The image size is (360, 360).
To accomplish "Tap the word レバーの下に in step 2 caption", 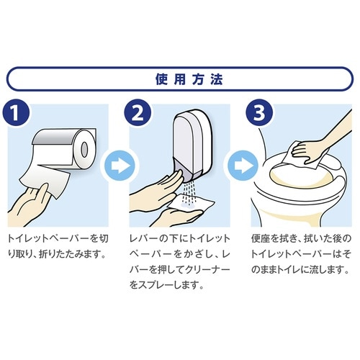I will pos(155,238).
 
